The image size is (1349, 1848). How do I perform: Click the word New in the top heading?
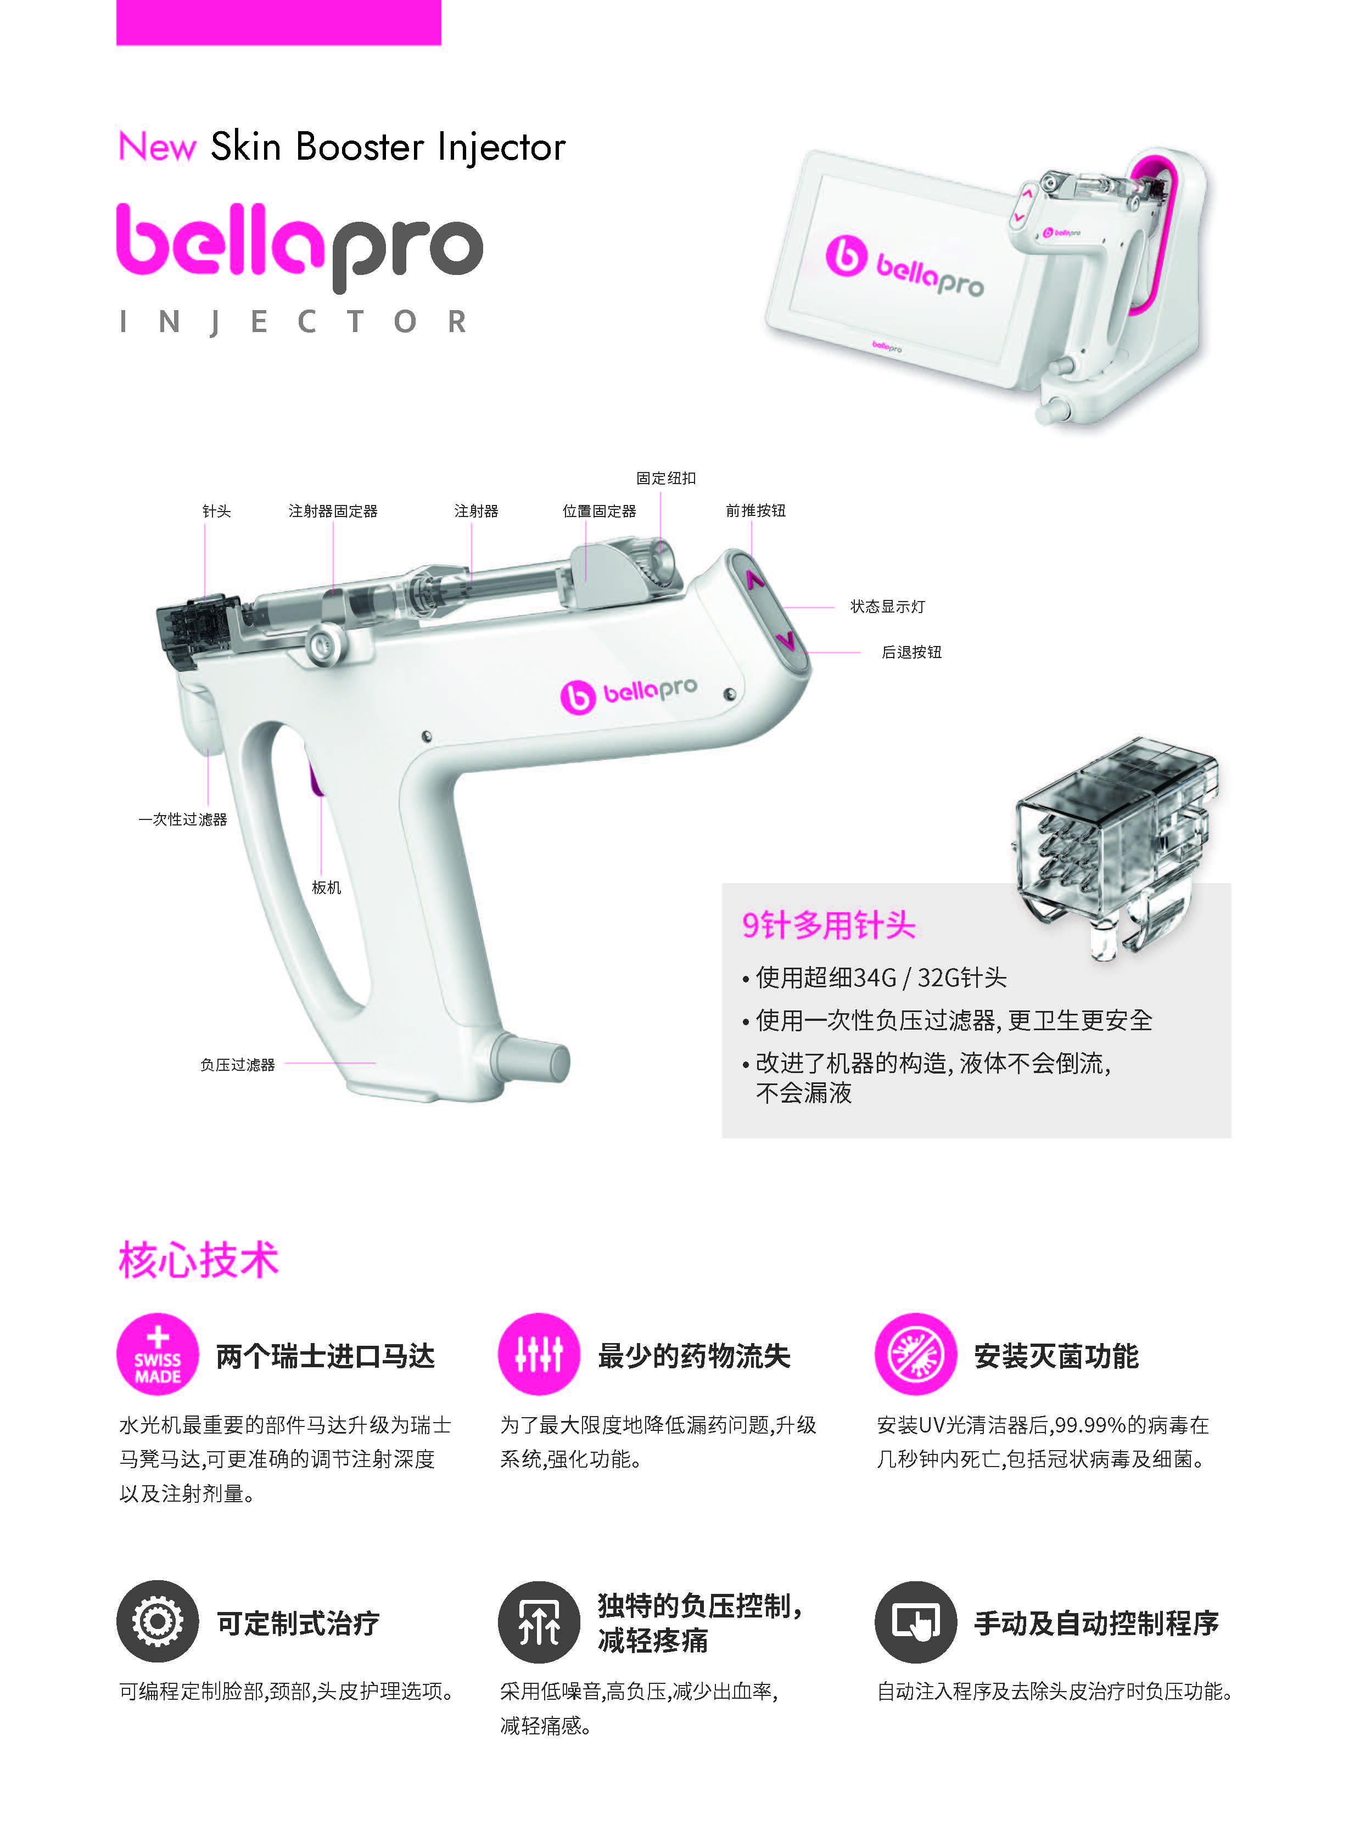[x=157, y=147]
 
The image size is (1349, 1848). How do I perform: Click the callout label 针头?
[x=216, y=511]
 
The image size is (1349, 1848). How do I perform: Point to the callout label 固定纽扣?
[x=665, y=478]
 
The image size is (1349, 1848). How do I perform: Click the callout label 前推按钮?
[x=755, y=511]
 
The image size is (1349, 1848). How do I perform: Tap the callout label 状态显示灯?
[x=888, y=606]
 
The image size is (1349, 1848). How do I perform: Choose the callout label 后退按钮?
[x=911, y=652]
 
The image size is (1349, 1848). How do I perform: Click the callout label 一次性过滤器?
[x=182, y=819]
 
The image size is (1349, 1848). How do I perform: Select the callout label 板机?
[x=327, y=888]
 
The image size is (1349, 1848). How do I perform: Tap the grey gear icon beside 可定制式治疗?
[x=158, y=1622]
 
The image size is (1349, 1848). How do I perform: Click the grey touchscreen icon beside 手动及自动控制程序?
[x=915, y=1622]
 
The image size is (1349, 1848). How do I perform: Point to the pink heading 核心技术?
[x=198, y=1260]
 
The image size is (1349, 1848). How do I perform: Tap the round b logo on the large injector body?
[x=578, y=697]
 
